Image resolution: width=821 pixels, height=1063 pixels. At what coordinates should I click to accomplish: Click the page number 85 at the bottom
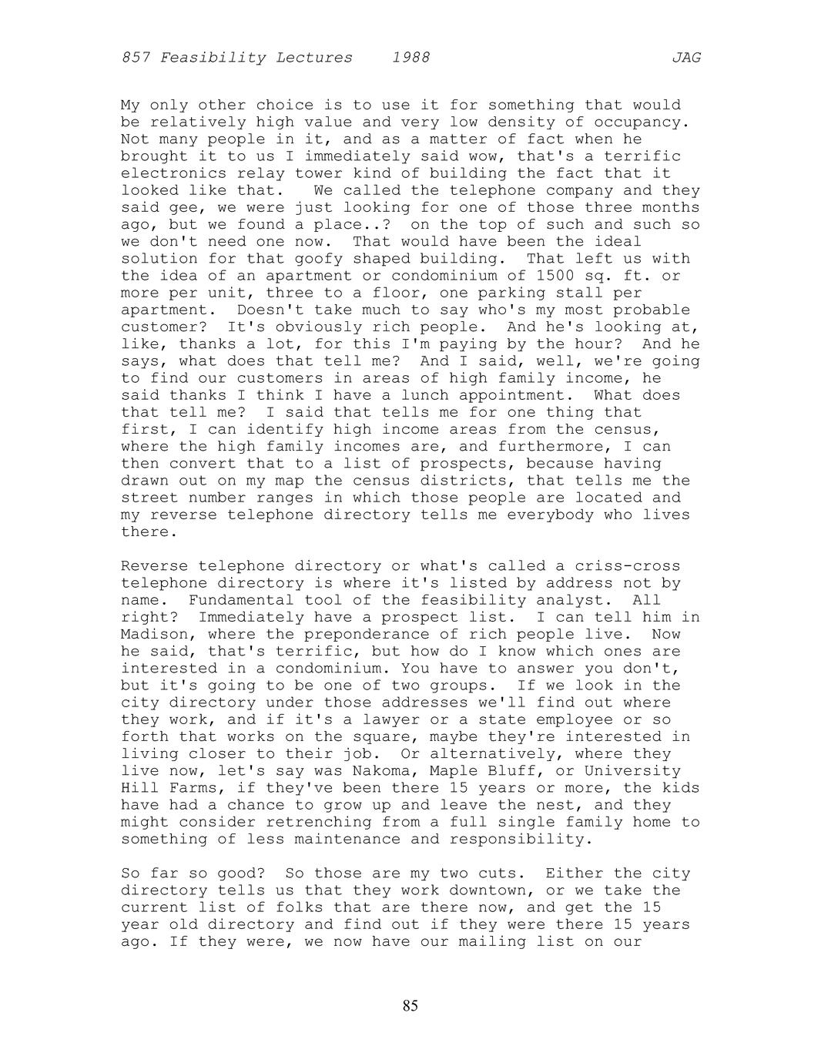click(410, 1005)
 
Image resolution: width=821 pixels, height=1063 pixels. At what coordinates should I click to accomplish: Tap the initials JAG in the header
click(685, 58)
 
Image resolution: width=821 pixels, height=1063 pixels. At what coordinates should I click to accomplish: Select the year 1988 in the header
click(410, 58)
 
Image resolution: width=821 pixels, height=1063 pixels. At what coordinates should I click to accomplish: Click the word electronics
click(169, 173)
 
